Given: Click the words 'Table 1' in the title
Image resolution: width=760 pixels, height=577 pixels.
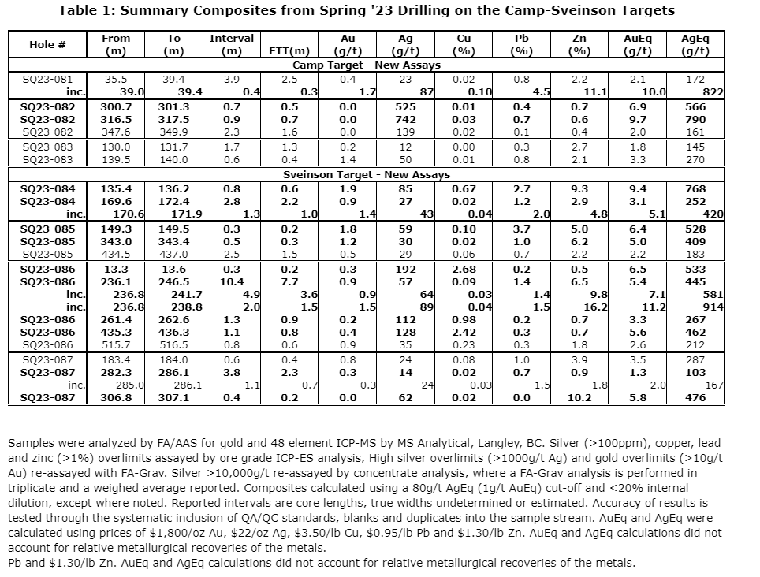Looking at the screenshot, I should [86, 10].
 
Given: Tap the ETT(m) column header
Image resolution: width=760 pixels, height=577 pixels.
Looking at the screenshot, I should [289, 52].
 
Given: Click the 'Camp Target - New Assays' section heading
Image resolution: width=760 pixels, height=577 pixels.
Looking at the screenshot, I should [367, 65].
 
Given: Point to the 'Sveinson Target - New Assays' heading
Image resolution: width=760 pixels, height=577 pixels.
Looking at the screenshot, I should [367, 174].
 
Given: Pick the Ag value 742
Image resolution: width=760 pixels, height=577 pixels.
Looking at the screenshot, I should [405, 119].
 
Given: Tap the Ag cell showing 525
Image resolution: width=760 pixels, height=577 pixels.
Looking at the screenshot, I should [405, 106].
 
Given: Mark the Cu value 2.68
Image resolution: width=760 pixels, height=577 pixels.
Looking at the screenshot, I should [463, 270].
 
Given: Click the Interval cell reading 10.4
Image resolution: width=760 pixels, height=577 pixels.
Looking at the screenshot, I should [232, 281].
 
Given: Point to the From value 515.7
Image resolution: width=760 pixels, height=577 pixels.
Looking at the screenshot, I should [116, 344].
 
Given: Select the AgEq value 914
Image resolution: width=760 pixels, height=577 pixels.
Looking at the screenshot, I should [712, 307].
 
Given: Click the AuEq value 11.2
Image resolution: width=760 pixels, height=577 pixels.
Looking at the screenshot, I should [656, 307].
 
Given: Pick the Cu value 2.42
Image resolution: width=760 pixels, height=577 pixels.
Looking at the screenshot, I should [463, 332].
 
